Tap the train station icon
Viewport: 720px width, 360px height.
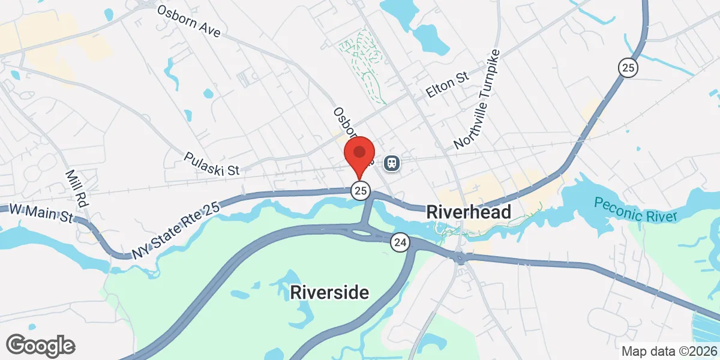pos(392,163)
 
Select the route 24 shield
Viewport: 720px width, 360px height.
pos(400,243)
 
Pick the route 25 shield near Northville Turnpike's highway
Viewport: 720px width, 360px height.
pos(629,68)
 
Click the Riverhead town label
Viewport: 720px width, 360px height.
pos(469,212)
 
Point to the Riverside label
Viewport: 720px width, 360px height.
pos(329,293)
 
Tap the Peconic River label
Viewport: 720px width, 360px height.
pos(635,210)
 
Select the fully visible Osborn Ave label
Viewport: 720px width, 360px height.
pos(188,21)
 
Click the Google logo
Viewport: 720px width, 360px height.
pos(40,345)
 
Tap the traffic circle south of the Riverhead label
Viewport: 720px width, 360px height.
pos(460,258)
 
